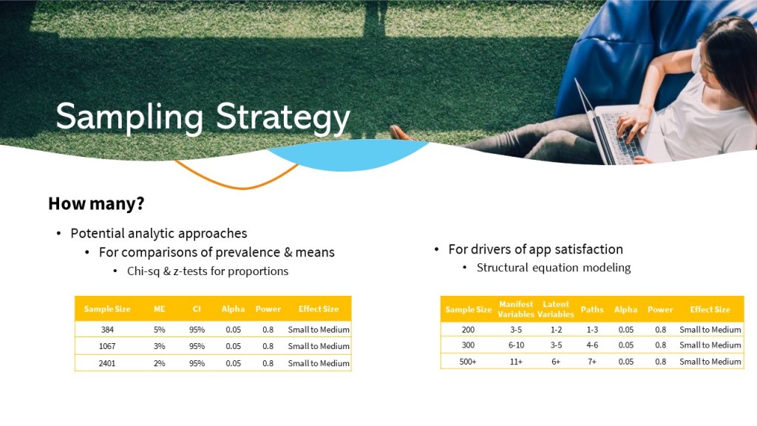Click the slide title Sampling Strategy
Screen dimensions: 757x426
pyautogui.click(x=203, y=118)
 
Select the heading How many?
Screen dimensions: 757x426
pyautogui.click(x=96, y=203)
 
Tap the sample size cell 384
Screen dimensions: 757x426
pyautogui.click(x=107, y=330)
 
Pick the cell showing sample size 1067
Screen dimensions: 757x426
pyautogui.click(x=107, y=346)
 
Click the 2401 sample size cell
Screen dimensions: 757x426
pyautogui.click(x=107, y=363)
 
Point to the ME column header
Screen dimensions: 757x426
pyautogui.click(x=160, y=309)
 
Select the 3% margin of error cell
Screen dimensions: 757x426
pyautogui.click(x=160, y=346)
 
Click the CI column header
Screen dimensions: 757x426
pyautogui.click(x=197, y=309)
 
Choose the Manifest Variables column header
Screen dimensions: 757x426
pyautogui.click(x=515, y=309)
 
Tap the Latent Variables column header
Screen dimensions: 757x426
pyautogui.click(x=556, y=309)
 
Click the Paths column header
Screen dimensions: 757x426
pyautogui.click(x=592, y=310)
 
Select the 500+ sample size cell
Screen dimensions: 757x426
pyautogui.click(x=468, y=361)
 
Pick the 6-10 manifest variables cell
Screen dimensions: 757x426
pyautogui.click(x=516, y=345)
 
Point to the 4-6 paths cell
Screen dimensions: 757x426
pyautogui.click(x=592, y=345)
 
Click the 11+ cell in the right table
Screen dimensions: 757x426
pyautogui.click(x=516, y=361)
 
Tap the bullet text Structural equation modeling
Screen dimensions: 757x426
pyautogui.click(x=554, y=268)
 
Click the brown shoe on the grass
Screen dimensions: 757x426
pyautogui.click(x=400, y=133)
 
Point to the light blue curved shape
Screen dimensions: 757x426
pyautogui.click(x=346, y=155)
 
